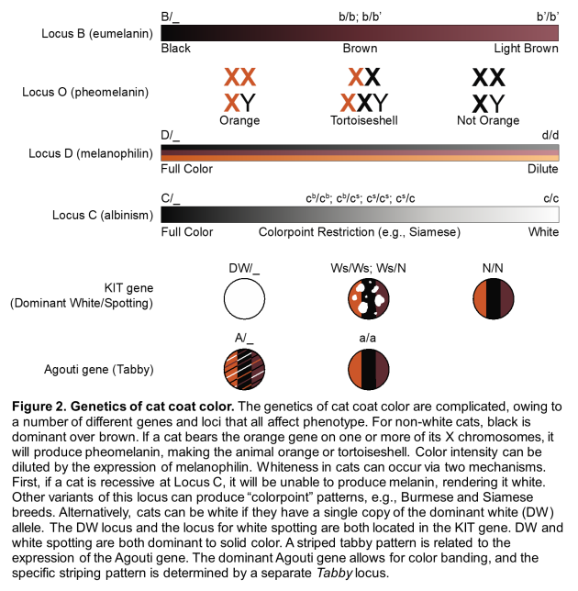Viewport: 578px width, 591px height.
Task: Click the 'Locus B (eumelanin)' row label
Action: tap(95, 32)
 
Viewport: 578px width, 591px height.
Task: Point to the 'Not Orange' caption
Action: tap(488, 120)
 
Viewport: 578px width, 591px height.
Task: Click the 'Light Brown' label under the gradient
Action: tap(526, 49)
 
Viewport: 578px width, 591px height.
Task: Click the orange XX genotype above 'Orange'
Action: tap(239, 77)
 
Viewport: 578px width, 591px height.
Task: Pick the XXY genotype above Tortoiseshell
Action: tap(364, 102)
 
